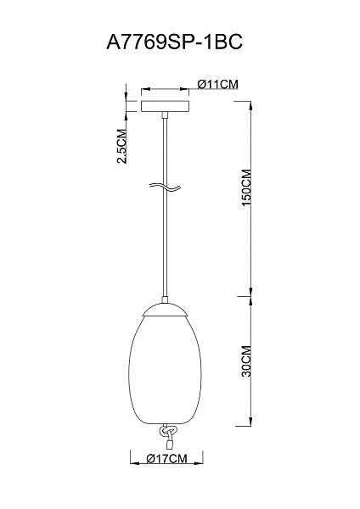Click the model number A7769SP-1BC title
click(174, 42)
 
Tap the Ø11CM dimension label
click(218, 84)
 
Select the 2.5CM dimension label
click(122, 146)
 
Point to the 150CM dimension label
click(246, 187)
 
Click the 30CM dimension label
click(246, 361)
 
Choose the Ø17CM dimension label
click(166, 459)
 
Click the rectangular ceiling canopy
click(165, 107)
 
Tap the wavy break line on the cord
click(165, 187)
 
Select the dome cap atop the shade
click(165, 310)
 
